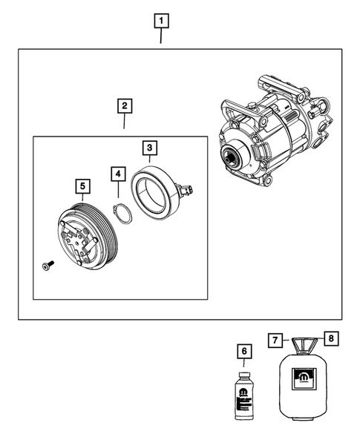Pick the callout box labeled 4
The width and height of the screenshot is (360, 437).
[118, 174]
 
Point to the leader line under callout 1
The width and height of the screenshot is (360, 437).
[161, 37]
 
